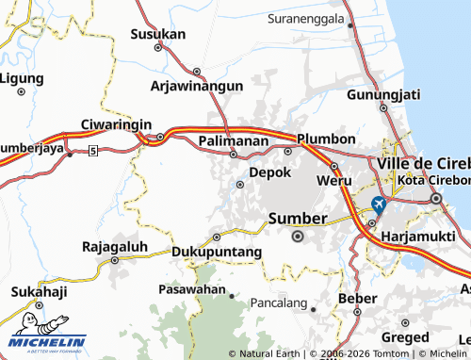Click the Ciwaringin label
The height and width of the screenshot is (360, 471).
pos(117,123)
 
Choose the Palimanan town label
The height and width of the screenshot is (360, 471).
pos(235,140)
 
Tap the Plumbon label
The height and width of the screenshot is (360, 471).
pos(326,139)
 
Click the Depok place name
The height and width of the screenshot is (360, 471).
pos(269,173)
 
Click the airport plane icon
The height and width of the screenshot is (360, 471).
pos(379,204)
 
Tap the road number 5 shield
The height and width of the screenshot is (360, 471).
pos(92,151)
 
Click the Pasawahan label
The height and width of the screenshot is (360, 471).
pos(192,288)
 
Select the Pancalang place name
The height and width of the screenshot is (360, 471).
pos(280,303)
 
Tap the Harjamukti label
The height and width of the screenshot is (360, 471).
pos(421,236)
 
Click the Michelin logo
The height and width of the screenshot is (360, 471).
pos(46,343)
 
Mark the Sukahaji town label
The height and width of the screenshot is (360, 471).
pos(39,291)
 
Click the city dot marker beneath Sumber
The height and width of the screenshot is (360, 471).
pos(299,237)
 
